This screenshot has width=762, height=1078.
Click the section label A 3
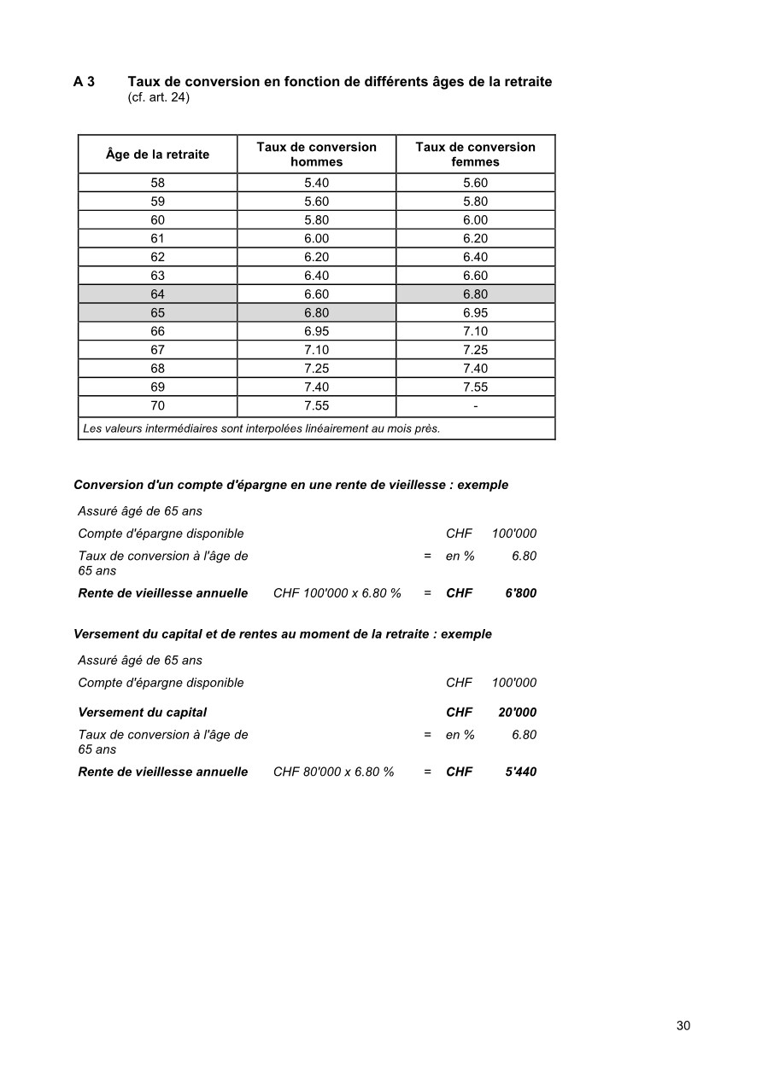tap(84, 82)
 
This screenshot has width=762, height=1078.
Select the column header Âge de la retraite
tap(157, 154)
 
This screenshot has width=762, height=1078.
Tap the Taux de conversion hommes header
tap(316, 154)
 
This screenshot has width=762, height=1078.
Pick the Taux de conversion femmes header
tap(475, 154)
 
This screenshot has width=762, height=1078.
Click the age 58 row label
tap(157, 183)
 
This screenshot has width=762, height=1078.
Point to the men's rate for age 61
tap(316, 239)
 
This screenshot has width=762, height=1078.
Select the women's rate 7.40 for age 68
tap(475, 369)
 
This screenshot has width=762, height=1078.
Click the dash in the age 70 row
tap(475, 406)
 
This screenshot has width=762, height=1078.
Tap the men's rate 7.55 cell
tap(316, 406)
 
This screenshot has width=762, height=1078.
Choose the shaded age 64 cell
tap(157, 294)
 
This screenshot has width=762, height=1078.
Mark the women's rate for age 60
tap(475, 220)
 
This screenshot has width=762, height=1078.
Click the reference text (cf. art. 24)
tap(158, 98)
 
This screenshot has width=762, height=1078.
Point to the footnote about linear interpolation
tap(261, 428)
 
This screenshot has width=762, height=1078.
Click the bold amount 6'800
tap(520, 593)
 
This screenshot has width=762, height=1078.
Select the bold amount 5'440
tap(520, 772)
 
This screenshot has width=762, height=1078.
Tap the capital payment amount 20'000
tap(517, 713)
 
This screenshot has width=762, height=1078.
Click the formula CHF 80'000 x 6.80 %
tap(334, 772)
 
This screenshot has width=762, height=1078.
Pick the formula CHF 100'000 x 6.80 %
tap(337, 593)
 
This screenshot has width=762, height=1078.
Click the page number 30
tap(683, 1026)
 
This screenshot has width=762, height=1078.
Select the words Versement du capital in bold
tap(142, 713)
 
